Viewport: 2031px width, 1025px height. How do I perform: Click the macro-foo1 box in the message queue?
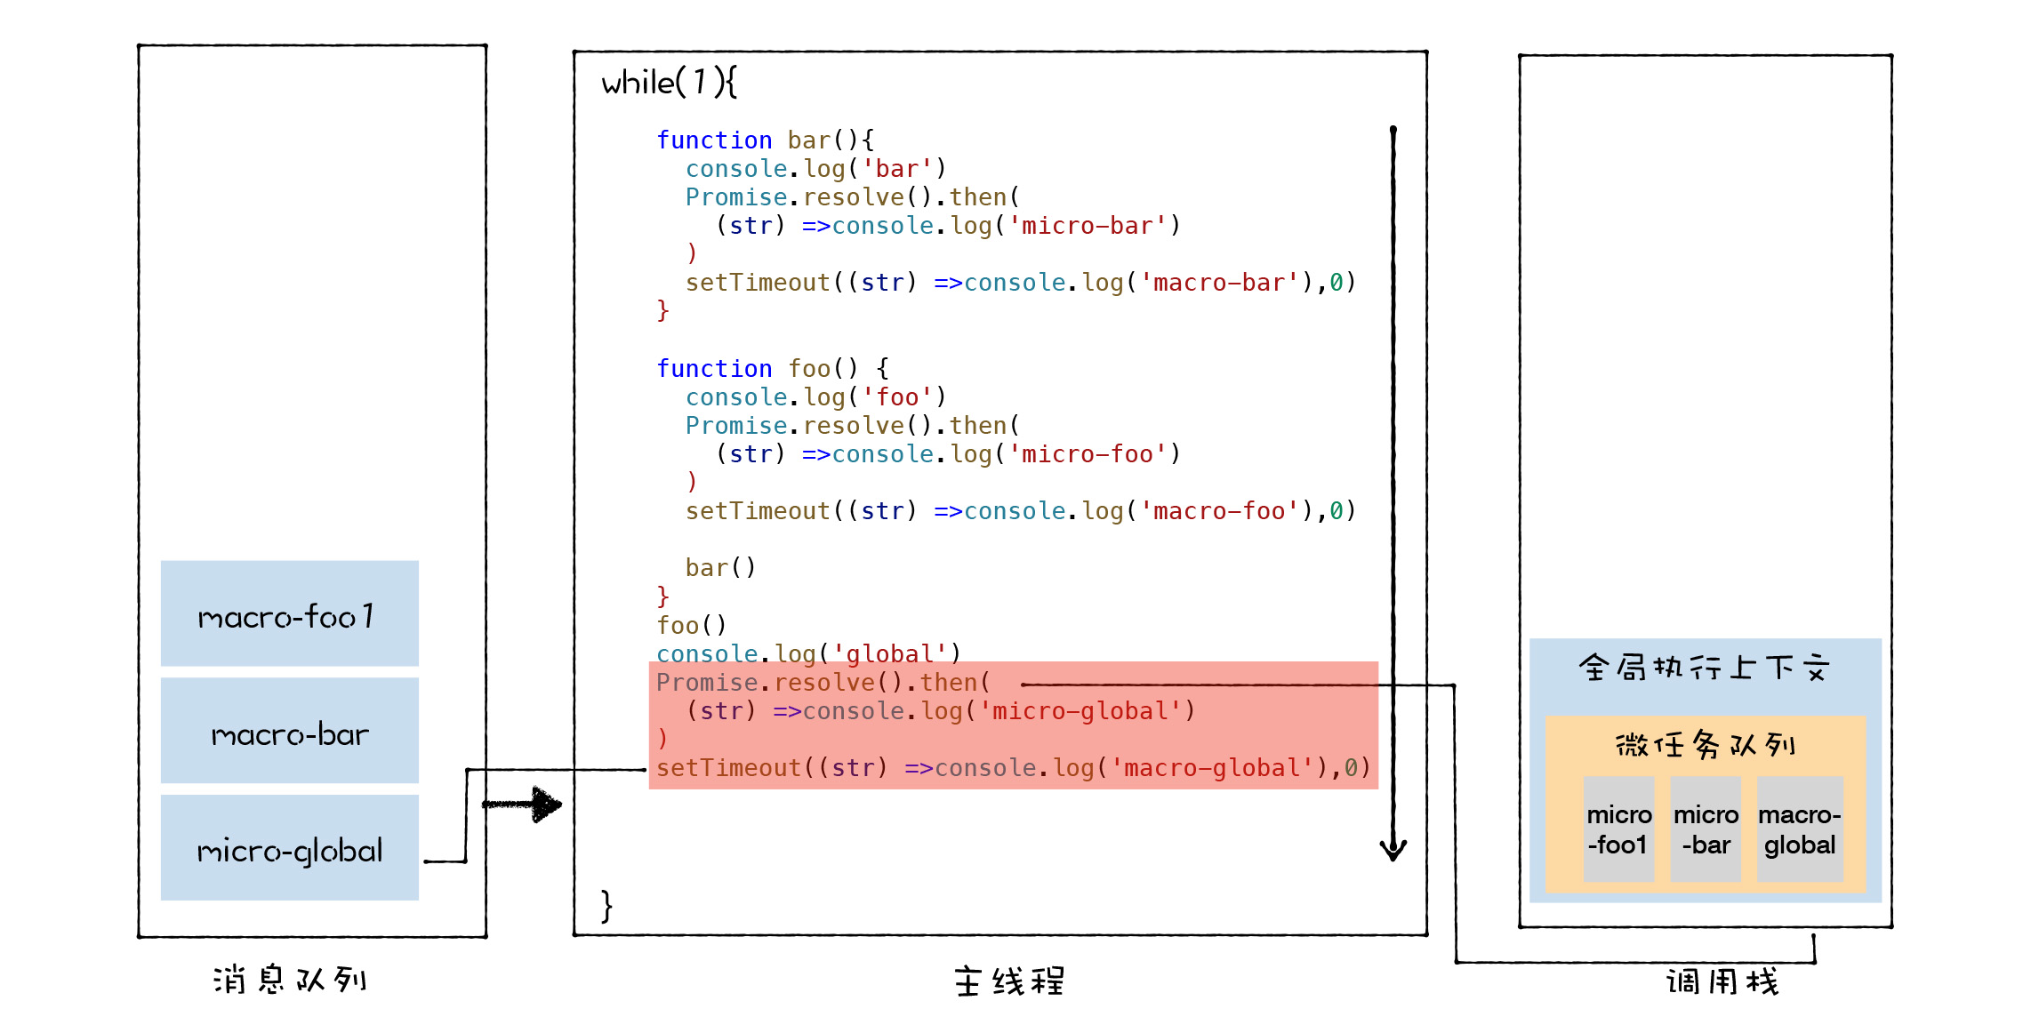tap(289, 614)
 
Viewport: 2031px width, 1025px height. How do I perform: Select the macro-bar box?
tap(289, 732)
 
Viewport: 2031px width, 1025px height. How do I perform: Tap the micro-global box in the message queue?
tap(289, 849)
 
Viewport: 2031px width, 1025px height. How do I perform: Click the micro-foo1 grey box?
tap(1618, 829)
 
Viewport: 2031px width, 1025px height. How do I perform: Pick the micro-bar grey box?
tap(1705, 829)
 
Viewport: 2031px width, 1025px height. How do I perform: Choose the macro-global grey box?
tap(1800, 829)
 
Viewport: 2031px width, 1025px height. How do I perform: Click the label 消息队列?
tap(290, 980)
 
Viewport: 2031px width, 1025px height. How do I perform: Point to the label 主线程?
tap(1009, 981)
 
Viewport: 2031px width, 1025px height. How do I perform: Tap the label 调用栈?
tap(1722, 981)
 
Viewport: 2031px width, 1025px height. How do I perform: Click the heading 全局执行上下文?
tap(1704, 667)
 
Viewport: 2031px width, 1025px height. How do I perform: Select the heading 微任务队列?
tap(1705, 744)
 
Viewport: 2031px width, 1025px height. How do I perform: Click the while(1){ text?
tap(669, 83)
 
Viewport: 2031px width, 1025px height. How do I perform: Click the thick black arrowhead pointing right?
tap(545, 805)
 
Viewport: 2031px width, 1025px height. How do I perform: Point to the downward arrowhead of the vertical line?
tap(1393, 850)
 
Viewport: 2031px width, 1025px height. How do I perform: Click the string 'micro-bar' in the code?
tap(1087, 226)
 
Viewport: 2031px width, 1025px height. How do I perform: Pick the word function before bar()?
tap(714, 140)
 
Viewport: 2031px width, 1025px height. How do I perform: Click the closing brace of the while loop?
tap(606, 906)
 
